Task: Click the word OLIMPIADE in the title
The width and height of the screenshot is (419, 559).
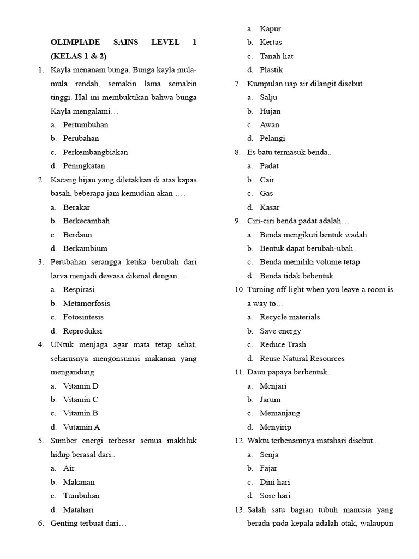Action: coord(73,42)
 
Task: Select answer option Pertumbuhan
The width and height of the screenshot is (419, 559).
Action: coord(86,124)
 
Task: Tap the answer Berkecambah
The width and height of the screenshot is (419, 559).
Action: coord(86,221)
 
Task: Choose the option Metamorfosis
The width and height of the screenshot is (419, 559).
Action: coord(86,303)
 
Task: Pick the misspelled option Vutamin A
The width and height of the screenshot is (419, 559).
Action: coord(81,427)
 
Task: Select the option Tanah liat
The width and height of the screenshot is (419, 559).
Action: coord(276,56)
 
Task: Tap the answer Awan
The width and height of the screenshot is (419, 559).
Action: coord(270,124)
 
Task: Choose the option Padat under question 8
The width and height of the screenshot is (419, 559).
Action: coord(270,166)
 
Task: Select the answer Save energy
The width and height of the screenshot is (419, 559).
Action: coord(280,331)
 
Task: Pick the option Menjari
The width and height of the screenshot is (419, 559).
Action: coord(273,386)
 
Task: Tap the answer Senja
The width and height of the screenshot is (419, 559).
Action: coord(269,454)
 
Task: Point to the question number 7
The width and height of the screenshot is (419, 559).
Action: coord(238,84)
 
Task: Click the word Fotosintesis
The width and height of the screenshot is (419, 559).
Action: coord(83,317)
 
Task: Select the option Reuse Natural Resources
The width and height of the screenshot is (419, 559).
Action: coord(302,358)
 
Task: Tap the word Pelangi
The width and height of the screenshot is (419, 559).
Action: coord(272,138)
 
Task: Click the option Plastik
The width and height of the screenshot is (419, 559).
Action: coord(271,69)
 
